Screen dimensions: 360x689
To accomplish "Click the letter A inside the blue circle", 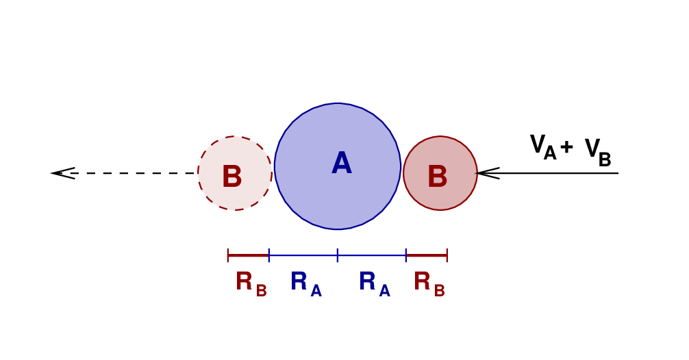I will pyautogui.click(x=341, y=164).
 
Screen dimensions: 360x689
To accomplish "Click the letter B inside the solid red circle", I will pyautogui.click(x=437, y=177).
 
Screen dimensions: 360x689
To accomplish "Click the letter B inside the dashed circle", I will pyautogui.click(x=231, y=177).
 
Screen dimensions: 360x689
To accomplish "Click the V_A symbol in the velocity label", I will pyautogui.click(x=542, y=147).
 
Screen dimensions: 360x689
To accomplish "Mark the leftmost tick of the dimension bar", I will pyautogui.click(x=228, y=255).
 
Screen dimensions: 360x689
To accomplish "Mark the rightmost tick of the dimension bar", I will pyautogui.click(x=447, y=255).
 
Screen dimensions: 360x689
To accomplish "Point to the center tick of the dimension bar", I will pyautogui.click(x=338, y=255).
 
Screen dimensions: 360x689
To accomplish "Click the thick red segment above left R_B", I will pyautogui.click(x=249, y=255).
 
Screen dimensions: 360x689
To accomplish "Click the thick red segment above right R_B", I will pyautogui.click(x=427, y=255).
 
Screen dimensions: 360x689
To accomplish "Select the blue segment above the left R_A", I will pyautogui.click(x=303, y=255).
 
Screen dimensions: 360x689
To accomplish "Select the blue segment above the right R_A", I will pyautogui.click(x=372, y=255).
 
